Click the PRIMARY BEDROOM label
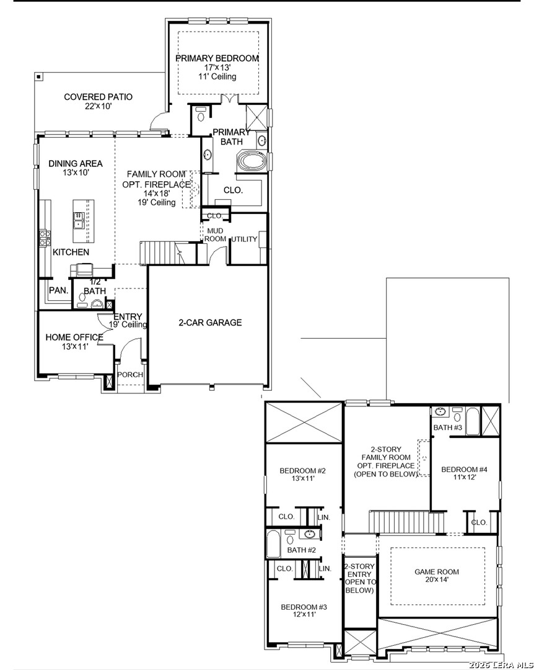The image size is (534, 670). (x=217, y=58)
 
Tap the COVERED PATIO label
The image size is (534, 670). (x=98, y=97)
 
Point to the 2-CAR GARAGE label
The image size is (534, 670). (x=210, y=323)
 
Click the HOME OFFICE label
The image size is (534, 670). (x=74, y=337)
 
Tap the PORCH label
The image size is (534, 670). (x=130, y=375)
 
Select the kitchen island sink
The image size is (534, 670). (x=79, y=220)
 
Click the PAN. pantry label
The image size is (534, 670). (x=58, y=290)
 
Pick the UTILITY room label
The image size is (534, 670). (x=244, y=239)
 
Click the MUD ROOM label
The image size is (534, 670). (x=215, y=234)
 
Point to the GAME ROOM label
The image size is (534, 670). (x=437, y=572)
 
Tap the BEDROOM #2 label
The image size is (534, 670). (x=303, y=471)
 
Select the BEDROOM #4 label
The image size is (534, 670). (x=465, y=470)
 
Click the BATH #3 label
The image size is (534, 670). (x=448, y=427)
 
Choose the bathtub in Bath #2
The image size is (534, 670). (x=273, y=544)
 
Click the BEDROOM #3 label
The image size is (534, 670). (x=304, y=607)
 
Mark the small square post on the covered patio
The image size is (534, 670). (x=39, y=77)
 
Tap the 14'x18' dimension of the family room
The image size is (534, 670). (x=157, y=194)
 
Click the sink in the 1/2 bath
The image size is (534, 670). (x=97, y=304)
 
